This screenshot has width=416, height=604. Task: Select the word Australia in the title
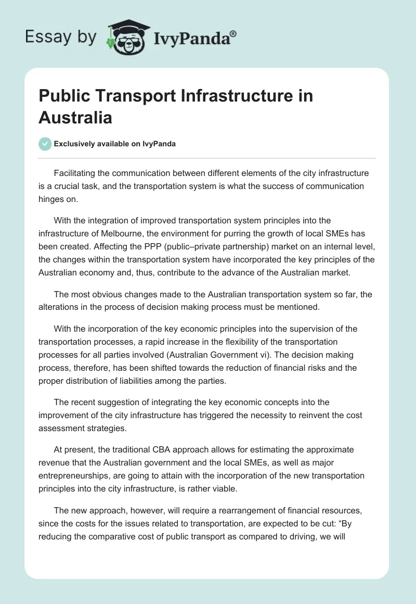point(75,118)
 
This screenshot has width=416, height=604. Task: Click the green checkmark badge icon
point(45,144)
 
